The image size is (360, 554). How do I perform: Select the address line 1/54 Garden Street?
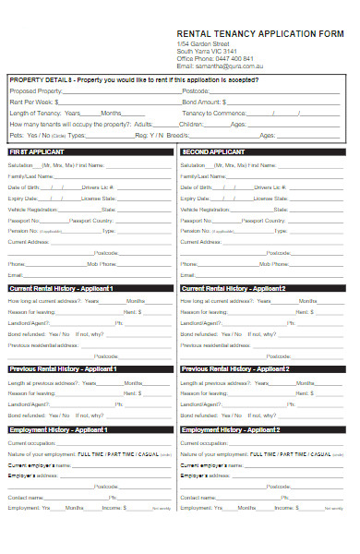203,43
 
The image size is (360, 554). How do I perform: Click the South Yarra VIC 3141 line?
208,51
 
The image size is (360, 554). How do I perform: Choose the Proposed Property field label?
36,91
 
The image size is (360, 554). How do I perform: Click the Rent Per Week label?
32,102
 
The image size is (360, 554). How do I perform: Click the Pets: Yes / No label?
26,134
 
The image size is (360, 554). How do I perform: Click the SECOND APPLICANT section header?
213,151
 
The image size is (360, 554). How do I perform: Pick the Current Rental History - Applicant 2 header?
234,288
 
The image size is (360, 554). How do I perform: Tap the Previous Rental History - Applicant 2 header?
236,368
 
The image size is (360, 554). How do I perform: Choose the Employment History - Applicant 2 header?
231,429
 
